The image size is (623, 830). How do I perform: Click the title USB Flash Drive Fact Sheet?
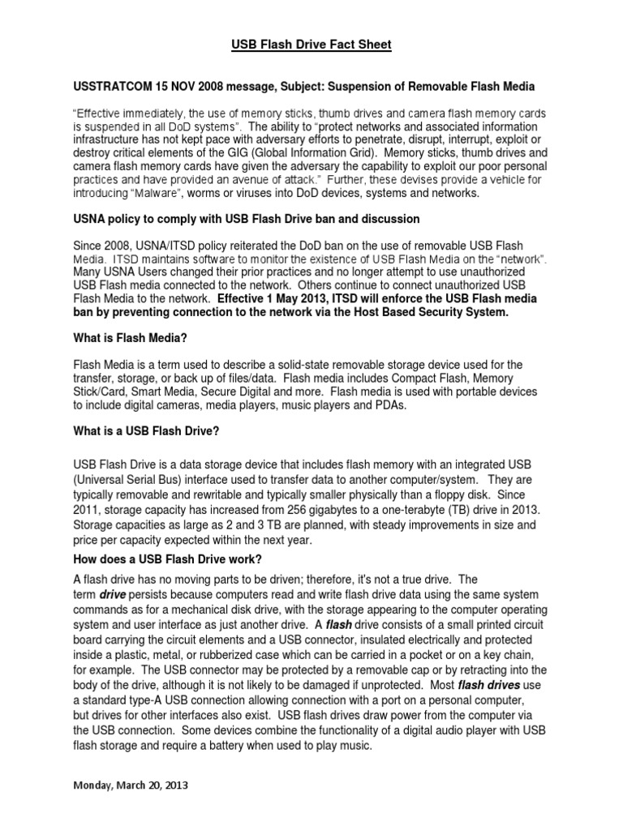[311, 45]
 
